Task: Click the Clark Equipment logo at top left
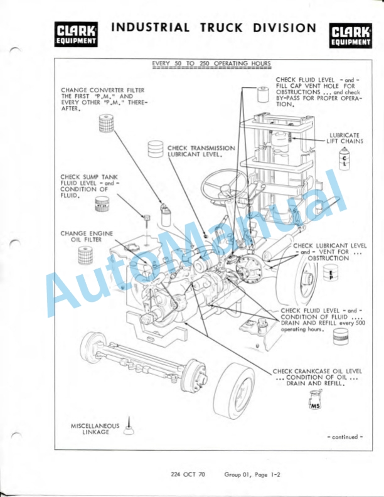(77, 35)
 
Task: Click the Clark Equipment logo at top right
(350, 35)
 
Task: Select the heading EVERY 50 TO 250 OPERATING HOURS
(211, 64)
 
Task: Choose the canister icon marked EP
(331, 275)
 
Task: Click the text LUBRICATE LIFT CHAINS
(344, 138)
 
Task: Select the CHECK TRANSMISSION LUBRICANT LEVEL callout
(201, 151)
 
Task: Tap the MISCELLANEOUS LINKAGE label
(95, 429)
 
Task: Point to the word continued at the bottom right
(345, 437)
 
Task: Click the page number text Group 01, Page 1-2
(252, 474)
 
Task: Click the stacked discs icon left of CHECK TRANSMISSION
(154, 149)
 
